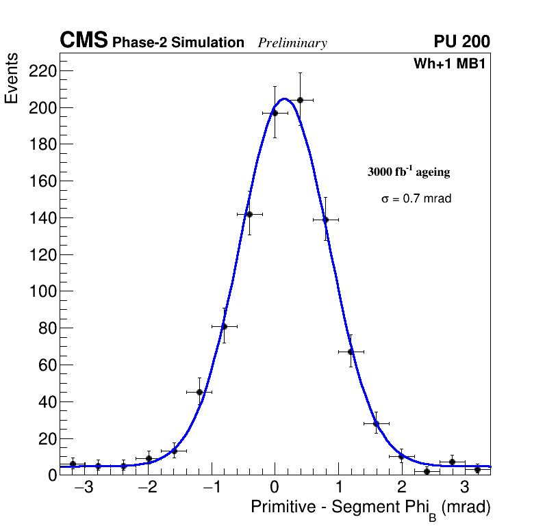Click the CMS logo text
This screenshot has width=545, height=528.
[84, 41]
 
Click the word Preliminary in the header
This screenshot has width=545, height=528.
[292, 43]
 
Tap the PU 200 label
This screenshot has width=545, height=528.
[461, 42]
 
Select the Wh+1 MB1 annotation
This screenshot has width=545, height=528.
[449, 64]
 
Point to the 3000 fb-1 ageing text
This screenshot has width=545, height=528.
[409, 172]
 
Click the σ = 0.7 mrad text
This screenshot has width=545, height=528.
[416, 199]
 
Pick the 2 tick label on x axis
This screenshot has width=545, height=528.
[402, 488]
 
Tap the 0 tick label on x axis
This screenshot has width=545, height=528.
[275, 488]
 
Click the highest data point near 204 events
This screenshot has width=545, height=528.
[300, 100]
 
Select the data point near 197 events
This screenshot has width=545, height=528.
[275, 113]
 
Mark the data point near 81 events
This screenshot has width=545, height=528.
[224, 326]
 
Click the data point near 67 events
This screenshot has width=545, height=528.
[351, 352]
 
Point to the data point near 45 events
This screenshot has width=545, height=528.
[199, 392]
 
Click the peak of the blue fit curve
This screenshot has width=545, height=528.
[285, 98]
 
